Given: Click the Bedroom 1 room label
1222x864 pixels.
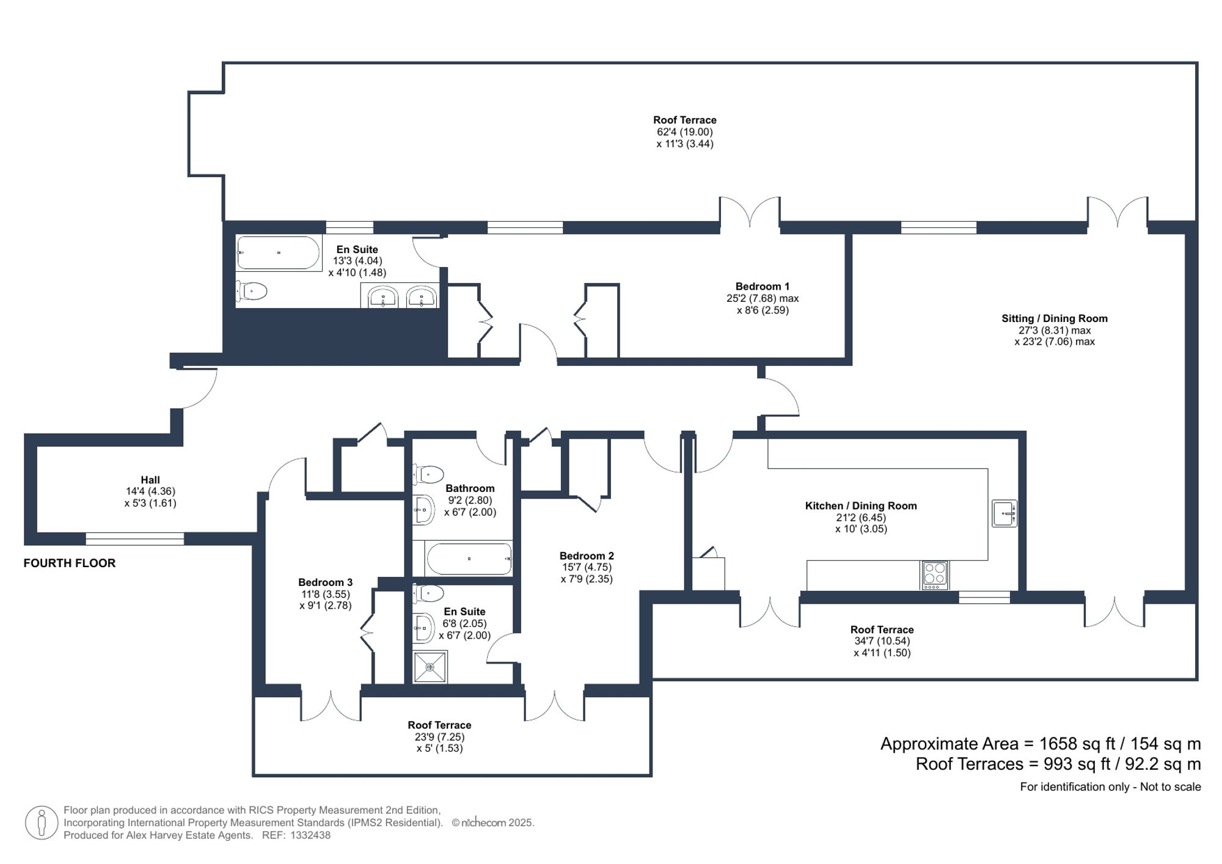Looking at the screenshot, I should (x=762, y=286).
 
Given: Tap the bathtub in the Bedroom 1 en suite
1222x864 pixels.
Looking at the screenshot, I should (x=278, y=253).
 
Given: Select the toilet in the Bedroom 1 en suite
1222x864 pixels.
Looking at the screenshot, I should (x=252, y=291).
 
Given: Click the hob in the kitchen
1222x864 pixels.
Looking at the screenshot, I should (x=935, y=575).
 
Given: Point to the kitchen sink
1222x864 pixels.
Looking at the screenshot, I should (x=1004, y=513).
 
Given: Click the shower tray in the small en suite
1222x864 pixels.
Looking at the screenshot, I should (x=431, y=667).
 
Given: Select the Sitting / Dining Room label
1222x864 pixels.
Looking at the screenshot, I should (x=1054, y=318).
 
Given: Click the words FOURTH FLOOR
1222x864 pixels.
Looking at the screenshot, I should (x=69, y=563).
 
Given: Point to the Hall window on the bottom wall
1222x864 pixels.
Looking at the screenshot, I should (x=134, y=538).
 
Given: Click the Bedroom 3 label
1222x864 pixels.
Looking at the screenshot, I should (x=325, y=582).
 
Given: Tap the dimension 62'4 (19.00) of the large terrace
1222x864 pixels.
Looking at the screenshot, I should (x=684, y=132).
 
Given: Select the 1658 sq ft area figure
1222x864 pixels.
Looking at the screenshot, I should (x=1073, y=744).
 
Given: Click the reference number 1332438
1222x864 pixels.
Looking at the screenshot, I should (x=310, y=835).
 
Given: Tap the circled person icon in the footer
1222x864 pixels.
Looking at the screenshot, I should (x=42, y=822).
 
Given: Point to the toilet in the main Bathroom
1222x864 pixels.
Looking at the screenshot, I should (x=430, y=474).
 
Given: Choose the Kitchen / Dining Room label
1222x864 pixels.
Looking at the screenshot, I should (x=860, y=506).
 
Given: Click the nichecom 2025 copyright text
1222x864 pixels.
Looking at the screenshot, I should (x=493, y=822).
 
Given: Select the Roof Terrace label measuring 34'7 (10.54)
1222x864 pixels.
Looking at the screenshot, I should (x=882, y=629).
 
